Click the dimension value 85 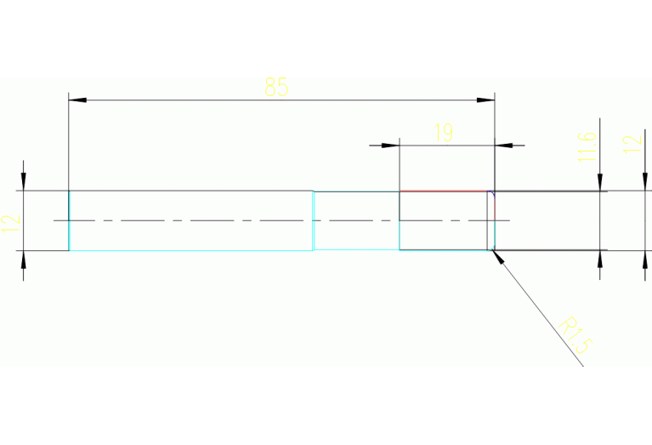(276, 87)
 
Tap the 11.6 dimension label (586, 145)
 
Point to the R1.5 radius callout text (575, 334)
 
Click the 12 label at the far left (10, 224)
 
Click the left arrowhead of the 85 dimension (77, 100)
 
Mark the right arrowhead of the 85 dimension (485, 100)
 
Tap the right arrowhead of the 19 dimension (503, 145)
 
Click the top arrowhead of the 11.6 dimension (601, 182)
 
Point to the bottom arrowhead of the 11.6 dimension (601, 259)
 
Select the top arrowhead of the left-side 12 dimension (24, 182)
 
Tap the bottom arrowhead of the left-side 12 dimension (24, 259)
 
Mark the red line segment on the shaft (442, 191)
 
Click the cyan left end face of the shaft (69, 220)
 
